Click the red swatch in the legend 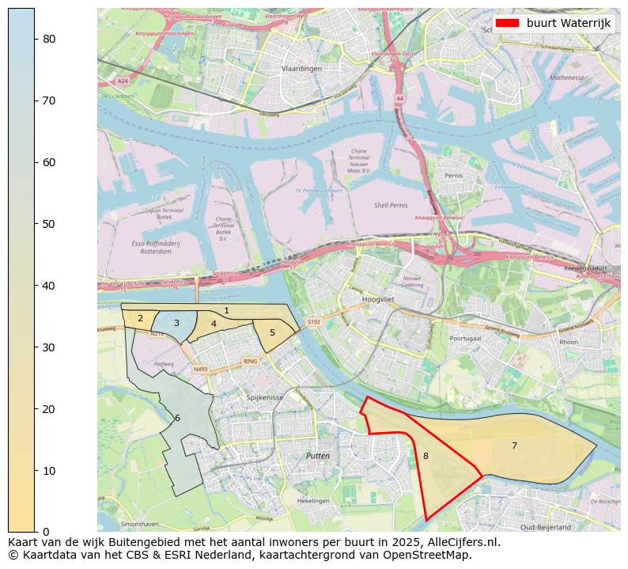[x=509, y=23]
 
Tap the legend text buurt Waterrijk [x=569, y=23]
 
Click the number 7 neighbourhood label [x=514, y=446]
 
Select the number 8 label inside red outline [x=426, y=456]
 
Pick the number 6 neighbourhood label [x=177, y=418]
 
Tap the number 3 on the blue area [x=176, y=323]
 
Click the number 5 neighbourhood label [x=272, y=332]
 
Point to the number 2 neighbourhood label [x=140, y=319]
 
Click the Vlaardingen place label [x=302, y=69]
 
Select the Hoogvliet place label [x=377, y=300]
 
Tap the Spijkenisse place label [x=264, y=397]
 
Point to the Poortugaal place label [x=465, y=338]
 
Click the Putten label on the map [x=318, y=456]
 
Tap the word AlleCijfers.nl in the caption [x=458, y=543]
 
